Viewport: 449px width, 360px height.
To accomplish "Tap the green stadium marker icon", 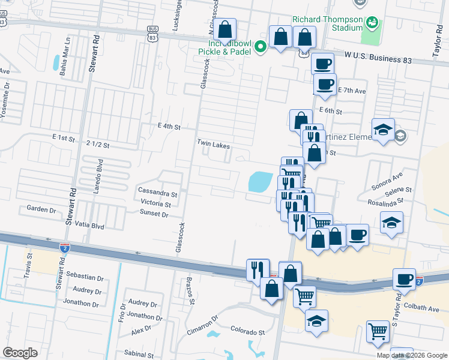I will pyautogui.click(x=373, y=23).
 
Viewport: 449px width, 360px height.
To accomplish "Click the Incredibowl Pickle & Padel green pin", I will pyautogui.click(x=261, y=47).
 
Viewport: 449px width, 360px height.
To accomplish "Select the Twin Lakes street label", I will pyautogui.click(x=214, y=145).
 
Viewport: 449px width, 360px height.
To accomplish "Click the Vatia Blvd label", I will pyautogui.click(x=89, y=227).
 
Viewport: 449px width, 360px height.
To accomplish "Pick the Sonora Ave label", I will pyautogui.click(x=387, y=181).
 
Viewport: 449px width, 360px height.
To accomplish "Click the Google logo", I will pyautogui.click(x=20, y=353).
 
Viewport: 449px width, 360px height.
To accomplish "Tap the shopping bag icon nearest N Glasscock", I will pyautogui.click(x=224, y=30).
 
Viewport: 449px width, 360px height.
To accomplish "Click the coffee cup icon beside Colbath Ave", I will pyautogui.click(x=405, y=280).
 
